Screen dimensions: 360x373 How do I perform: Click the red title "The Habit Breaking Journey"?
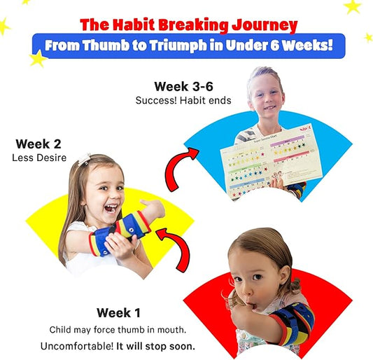point(188,25)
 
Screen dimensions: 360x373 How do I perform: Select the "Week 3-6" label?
point(181,87)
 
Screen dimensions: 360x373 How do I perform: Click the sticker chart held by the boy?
point(260,168)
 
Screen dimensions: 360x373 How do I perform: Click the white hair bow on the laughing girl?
point(85,158)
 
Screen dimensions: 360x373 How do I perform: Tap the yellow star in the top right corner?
point(352,6)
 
